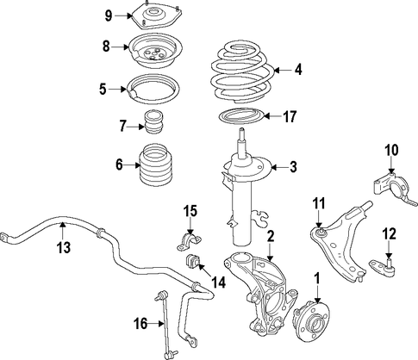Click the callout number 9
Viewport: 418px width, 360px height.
[x=108, y=16]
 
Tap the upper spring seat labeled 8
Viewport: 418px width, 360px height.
[x=155, y=52]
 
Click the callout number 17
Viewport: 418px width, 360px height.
[x=290, y=116]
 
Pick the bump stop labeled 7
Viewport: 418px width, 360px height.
[x=155, y=121]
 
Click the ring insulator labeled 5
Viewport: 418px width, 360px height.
[x=154, y=90]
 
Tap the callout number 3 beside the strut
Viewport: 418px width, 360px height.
[x=293, y=167]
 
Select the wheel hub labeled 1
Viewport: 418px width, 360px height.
[x=311, y=320]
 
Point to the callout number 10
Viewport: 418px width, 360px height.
[x=392, y=150]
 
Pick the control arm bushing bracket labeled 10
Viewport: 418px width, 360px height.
[x=394, y=188]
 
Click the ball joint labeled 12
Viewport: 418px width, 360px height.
[x=383, y=266]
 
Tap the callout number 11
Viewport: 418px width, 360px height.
[x=319, y=203]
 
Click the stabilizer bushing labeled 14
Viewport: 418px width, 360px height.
[x=193, y=262]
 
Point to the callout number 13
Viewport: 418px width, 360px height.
[x=63, y=247]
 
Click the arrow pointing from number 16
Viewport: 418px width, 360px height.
[x=157, y=324]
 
